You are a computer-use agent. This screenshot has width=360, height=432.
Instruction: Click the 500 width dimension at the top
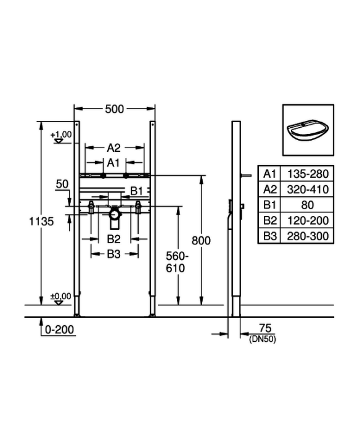[115, 109]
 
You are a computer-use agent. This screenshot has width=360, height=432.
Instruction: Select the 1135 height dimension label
[41, 221]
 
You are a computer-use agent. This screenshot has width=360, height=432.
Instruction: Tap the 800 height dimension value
[201, 241]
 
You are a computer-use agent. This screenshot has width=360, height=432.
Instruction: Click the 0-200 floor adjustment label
[59, 330]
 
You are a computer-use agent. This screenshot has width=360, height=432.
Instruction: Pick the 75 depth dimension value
[265, 328]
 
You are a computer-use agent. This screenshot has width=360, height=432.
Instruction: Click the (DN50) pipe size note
[262, 339]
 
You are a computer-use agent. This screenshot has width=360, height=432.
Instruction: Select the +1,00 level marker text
[61, 135]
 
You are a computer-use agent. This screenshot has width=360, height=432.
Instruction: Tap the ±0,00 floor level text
[60, 296]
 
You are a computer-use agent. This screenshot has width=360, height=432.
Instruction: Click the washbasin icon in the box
[308, 130]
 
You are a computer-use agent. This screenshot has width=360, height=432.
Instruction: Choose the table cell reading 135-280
[308, 174]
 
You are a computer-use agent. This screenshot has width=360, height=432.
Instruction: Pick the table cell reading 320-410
[308, 189]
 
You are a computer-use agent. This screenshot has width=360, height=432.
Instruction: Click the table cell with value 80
[308, 205]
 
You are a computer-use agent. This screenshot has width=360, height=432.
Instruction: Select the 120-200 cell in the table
[308, 220]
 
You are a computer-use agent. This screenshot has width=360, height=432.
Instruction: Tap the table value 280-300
[308, 236]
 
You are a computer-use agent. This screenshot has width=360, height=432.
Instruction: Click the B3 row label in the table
[269, 236]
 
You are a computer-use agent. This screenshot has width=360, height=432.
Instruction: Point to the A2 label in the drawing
[113, 148]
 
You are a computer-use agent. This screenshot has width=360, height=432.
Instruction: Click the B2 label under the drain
[113, 239]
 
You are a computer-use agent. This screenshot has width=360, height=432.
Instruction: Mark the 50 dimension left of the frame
[62, 184]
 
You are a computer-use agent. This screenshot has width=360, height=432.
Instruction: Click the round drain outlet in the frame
[114, 214]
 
